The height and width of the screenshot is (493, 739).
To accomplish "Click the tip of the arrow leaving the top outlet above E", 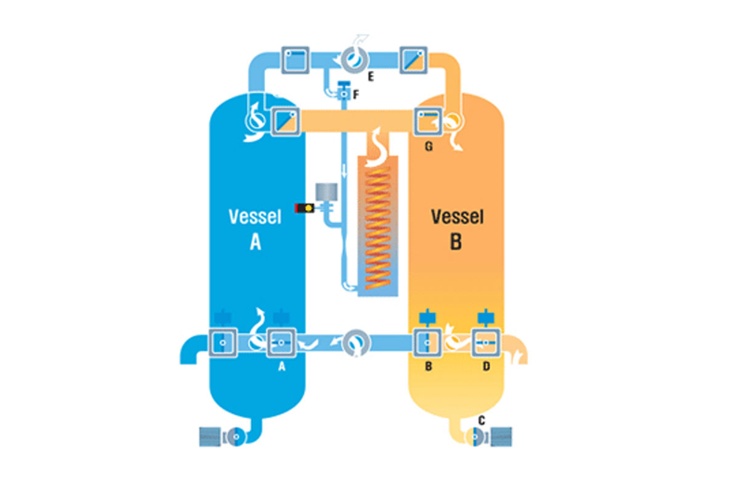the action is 368,35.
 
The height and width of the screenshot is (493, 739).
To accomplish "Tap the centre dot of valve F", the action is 344,94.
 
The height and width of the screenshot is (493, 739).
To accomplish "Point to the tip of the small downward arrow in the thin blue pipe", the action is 344,177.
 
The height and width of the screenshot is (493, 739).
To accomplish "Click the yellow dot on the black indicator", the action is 309,208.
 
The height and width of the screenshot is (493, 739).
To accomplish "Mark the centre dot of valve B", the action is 427,343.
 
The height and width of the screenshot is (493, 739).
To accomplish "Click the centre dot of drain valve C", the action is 475,437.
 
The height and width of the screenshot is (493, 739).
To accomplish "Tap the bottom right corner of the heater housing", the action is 398,296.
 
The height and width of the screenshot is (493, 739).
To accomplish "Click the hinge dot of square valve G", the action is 422,115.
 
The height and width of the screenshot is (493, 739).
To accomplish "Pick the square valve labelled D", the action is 486,343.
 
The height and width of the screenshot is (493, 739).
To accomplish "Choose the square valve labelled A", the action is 281,343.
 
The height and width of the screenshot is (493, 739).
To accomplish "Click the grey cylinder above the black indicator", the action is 326,192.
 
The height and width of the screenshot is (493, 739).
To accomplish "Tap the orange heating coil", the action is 378,229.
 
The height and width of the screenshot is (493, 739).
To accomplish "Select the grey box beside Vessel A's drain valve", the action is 210,437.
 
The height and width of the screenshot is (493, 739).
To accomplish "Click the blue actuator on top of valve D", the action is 486,317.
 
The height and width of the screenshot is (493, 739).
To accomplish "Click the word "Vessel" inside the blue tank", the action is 255,217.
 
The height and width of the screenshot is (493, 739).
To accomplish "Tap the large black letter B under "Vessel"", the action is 456,242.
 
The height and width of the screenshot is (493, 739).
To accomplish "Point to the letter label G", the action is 429,146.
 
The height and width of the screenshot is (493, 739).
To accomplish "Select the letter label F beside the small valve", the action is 356,95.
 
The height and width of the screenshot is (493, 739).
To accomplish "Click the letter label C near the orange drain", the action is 482,420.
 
